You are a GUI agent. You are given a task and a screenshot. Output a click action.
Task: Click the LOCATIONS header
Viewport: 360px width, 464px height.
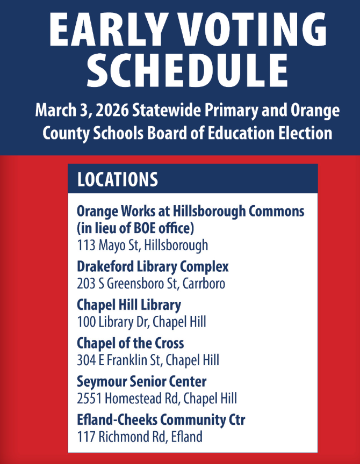click(x=118, y=179)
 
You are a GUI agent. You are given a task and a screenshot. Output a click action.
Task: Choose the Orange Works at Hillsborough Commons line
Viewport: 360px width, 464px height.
click(x=190, y=211)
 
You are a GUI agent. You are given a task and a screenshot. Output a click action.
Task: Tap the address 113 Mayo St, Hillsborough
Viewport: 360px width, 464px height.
click(x=142, y=245)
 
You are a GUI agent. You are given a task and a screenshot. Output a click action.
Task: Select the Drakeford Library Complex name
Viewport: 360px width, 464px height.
click(x=153, y=266)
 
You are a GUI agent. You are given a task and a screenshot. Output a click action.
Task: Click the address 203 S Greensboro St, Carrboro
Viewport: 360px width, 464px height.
click(x=151, y=283)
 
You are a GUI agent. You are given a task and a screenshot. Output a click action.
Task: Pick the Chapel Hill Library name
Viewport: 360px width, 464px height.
click(x=129, y=305)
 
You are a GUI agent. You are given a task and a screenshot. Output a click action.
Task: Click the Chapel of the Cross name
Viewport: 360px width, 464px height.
click(x=130, y=343)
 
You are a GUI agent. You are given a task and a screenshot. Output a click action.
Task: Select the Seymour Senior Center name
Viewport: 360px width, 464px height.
click(x=142, y=381)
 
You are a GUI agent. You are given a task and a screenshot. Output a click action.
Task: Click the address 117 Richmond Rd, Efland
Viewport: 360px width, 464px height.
click(x=140, y=437)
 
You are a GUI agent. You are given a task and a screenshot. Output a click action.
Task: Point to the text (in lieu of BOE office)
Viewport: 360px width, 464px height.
click(x=135, y=228)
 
